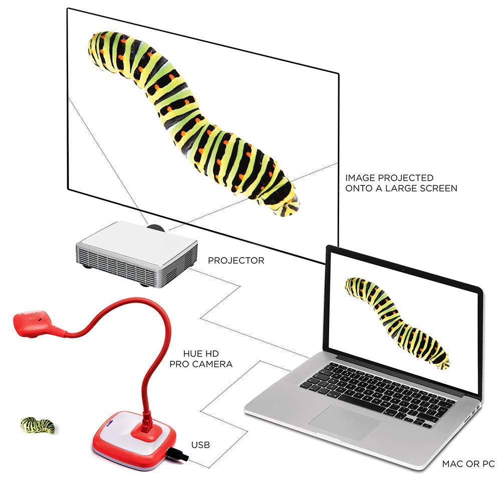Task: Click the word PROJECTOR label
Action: (236, 261)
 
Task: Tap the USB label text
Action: (200, 444)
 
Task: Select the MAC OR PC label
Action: (468, 464)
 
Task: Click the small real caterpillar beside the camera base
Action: (38, 425)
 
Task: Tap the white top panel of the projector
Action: (140, 240)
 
